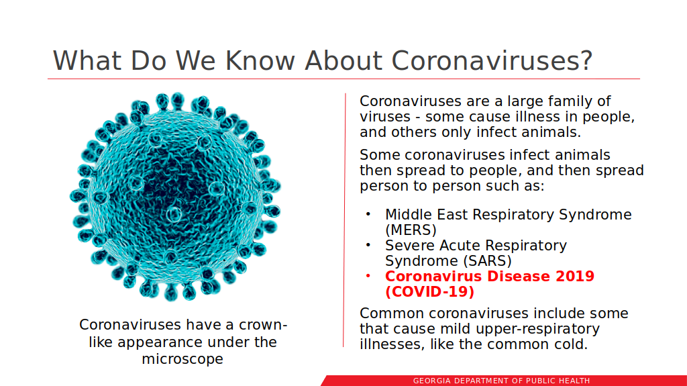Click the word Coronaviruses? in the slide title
click(x=492, y=60)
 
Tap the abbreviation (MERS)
click(x=411, y=230)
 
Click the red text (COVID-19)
click(x=430, y=292)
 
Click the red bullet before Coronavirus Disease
click(x=368, y=276)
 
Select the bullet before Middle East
click(x=368, y=214)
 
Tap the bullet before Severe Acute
click(x=368, y=245)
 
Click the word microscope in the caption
click(x=182, y=359)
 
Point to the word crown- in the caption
click(x=263, y=325)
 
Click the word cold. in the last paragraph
click(x=568, y=344)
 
